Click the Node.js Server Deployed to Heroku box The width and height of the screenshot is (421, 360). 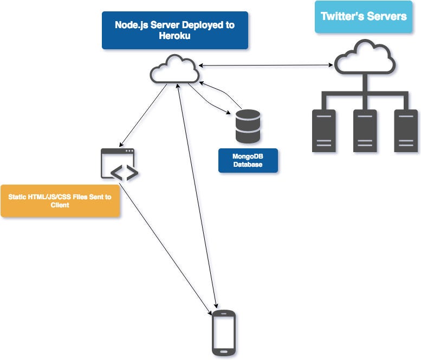[174, 30]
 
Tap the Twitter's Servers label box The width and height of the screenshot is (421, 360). [364, 16]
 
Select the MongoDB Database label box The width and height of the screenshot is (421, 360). [248, 161]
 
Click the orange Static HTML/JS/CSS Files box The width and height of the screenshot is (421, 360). [60, 201]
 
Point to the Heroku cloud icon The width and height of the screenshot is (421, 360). [174, 69]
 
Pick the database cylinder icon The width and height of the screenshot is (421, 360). [248, 127]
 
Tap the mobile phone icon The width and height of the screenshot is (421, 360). [223, 332]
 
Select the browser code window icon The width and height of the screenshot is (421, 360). [118, 163]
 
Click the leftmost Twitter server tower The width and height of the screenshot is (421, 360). [323, 130]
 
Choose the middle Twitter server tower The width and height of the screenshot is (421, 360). [364, 130]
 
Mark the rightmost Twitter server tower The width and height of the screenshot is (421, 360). [405, 130]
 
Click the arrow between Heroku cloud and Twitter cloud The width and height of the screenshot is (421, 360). [265, 66]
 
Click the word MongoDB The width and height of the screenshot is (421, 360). [248, 156]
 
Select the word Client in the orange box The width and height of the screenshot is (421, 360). [60, 206]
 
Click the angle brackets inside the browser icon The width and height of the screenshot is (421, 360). [124, 173]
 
